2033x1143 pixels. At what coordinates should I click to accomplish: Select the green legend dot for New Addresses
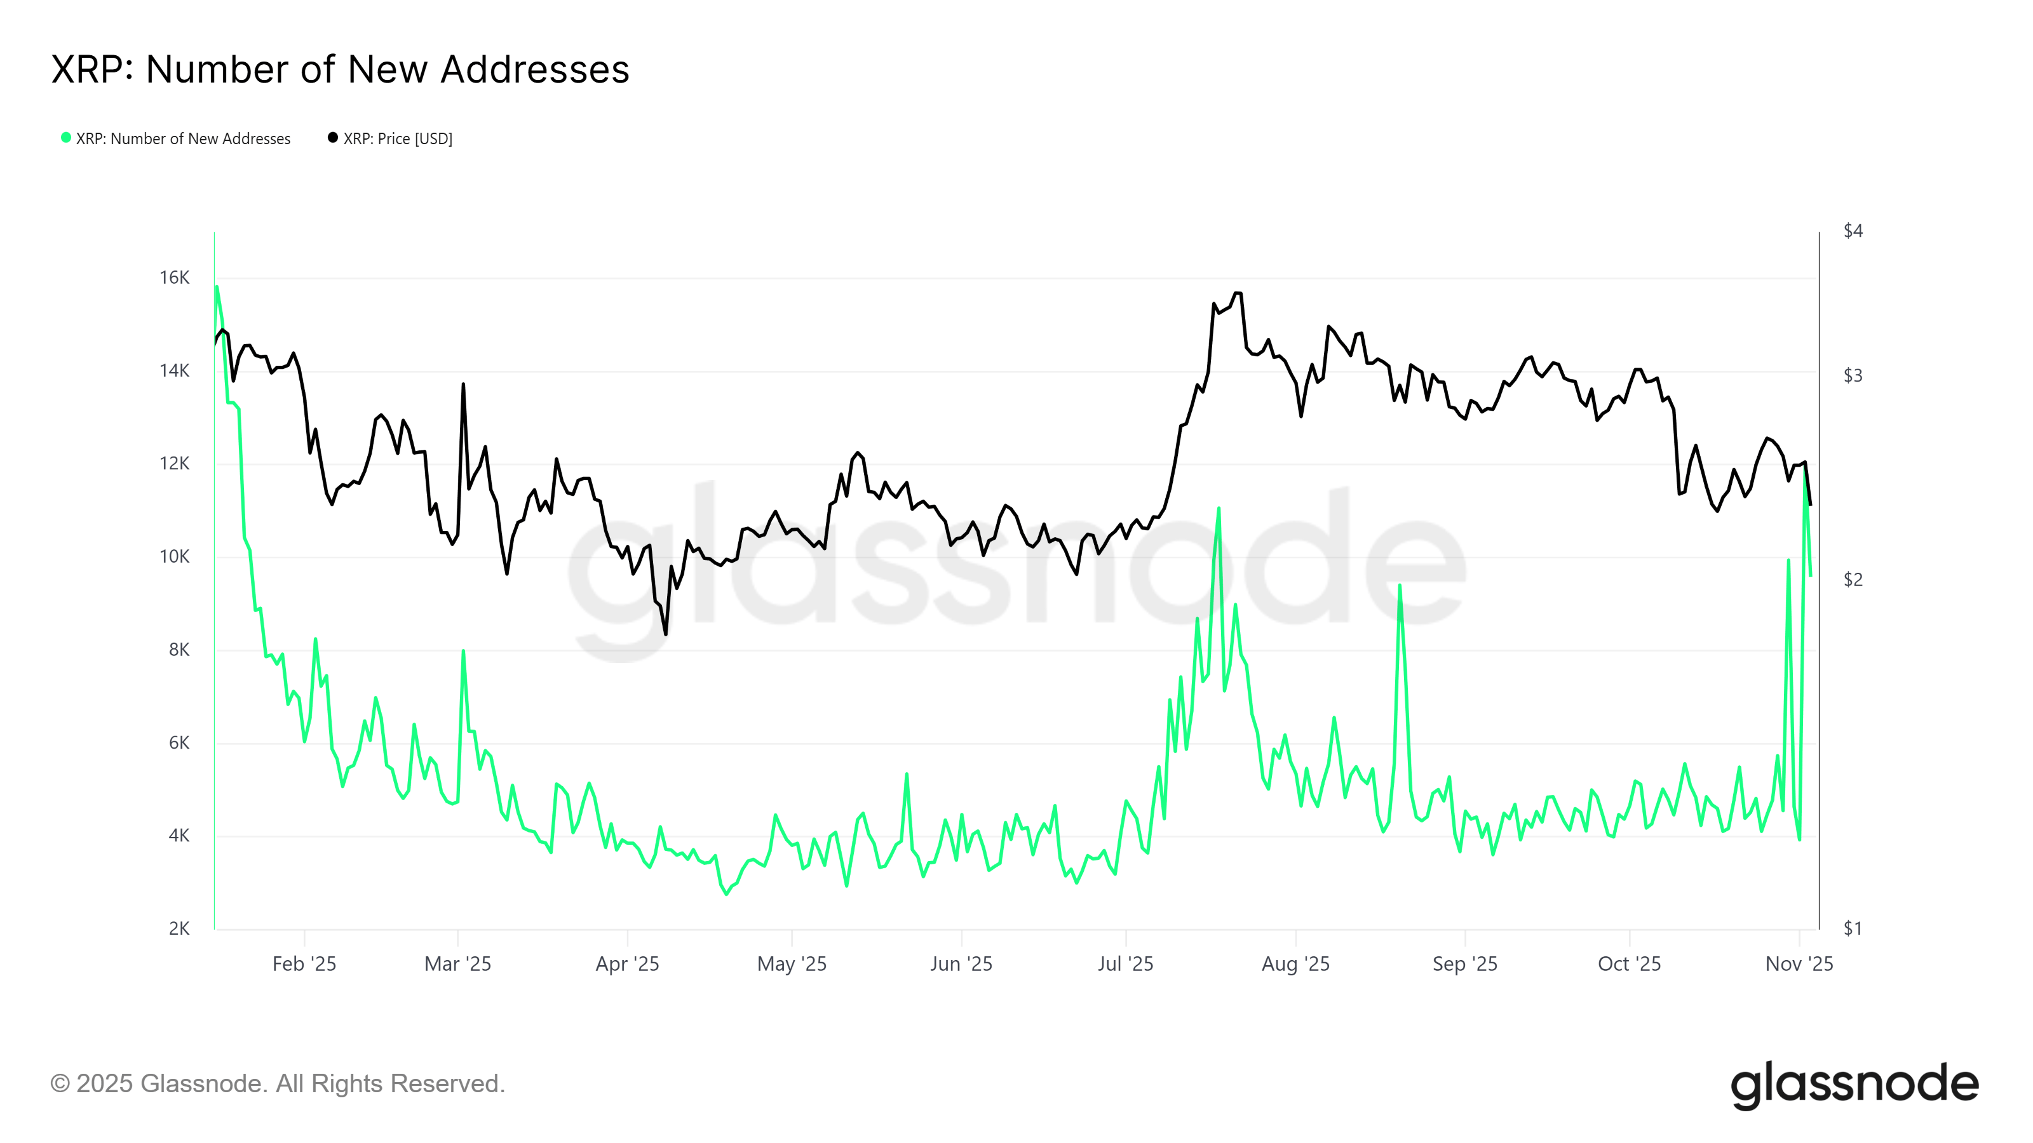(66, 138)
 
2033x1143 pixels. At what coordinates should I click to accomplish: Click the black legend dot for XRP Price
(333, 138)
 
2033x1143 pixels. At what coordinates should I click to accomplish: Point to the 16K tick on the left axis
(175, 277)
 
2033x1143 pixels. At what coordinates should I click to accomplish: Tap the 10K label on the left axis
(175, 557)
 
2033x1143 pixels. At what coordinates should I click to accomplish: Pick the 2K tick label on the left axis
(179, 928)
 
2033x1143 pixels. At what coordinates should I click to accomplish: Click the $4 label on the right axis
(1853, 231)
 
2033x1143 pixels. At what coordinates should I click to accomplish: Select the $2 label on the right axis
(1853, 580)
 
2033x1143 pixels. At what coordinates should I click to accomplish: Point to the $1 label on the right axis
(1853, 928)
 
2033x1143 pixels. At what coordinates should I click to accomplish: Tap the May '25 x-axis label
(792, 964)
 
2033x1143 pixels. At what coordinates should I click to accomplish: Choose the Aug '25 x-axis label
(1295, 964)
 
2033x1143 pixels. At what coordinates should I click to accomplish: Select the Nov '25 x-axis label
(1799, 964)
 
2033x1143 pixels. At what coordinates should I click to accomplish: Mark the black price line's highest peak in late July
(1238, 293)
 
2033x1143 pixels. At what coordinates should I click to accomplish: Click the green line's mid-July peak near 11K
(1219, 509)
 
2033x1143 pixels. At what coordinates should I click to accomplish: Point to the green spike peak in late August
(1399, 585)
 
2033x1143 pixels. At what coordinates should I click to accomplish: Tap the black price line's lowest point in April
(666, 634)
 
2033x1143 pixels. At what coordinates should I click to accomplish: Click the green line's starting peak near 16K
(217, 287)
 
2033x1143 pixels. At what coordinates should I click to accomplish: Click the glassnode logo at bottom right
(1854, 1085)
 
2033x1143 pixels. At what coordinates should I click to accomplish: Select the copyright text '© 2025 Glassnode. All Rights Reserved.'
(277, 1084)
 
